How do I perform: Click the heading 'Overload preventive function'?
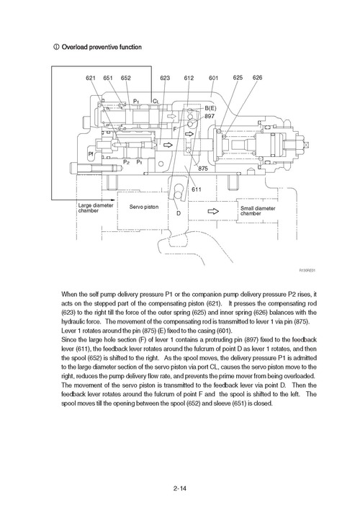101,48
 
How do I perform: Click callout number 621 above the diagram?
91,78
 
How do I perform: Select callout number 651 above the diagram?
109,78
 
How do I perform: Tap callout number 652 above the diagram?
126,78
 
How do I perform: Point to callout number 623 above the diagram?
165,78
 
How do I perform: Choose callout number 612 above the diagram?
189,78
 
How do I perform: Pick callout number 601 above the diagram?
214,78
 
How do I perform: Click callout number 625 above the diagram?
238,77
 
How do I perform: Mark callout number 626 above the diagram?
258,77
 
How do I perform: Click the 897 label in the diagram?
210,116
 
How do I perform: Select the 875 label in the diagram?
203,168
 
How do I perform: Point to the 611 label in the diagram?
197,189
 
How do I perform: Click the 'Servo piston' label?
143,207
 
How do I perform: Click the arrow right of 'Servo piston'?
213,211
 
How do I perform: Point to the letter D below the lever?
178,213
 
